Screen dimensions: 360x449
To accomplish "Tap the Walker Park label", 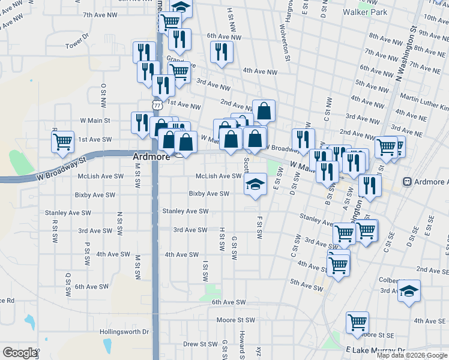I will [x=364, y=11].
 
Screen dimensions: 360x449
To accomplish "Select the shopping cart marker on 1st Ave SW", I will [x=62, y=142].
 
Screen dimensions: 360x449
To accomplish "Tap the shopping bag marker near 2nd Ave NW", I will [x=264, y=110].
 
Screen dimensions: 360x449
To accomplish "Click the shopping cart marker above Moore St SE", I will [x=357, y=322].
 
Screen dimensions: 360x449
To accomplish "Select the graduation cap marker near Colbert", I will [x=409, y=291].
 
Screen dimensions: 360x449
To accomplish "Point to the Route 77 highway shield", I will [x=157, y=104].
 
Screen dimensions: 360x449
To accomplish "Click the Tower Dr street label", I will [x=77, y=45].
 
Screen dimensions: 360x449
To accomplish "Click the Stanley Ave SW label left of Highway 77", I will [x=69, y=212].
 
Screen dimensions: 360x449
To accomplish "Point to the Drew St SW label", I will [x=200, y=344].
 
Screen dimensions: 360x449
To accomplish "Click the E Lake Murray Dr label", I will [x=376, y=349].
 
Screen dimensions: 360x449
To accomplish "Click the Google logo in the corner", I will [x=20, y=353].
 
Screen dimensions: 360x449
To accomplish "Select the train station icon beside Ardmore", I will [x=408, y=182].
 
